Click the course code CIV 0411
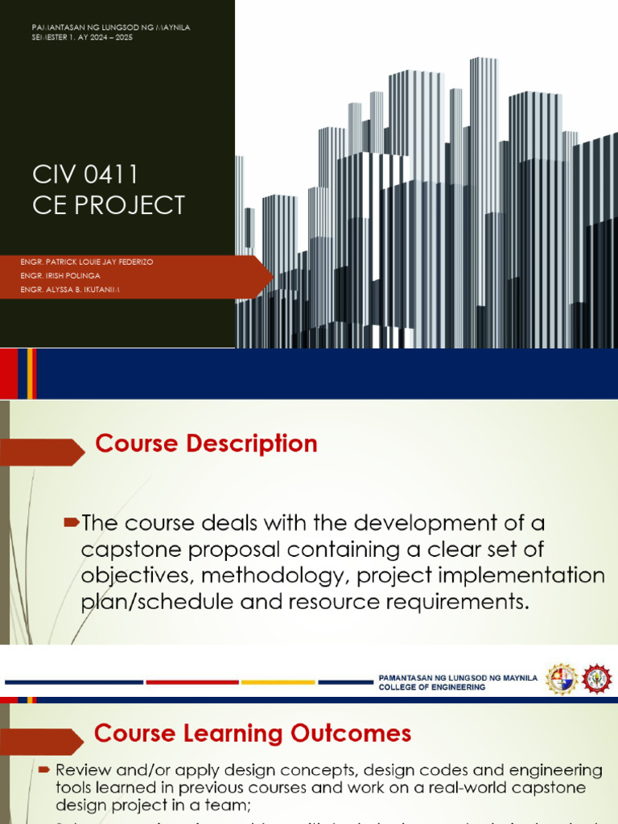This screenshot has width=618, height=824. coord(85,174)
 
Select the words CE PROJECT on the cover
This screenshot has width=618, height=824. coord(109,205)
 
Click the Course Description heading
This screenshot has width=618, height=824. coord(206,443)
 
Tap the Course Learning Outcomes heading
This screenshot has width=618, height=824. coord(253,733)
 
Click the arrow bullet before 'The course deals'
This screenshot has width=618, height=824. coord(72,524)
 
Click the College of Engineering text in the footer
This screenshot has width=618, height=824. coord(432,688)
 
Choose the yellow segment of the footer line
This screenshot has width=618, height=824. coord(278,682)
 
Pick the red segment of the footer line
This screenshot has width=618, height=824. coord(192,682)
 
